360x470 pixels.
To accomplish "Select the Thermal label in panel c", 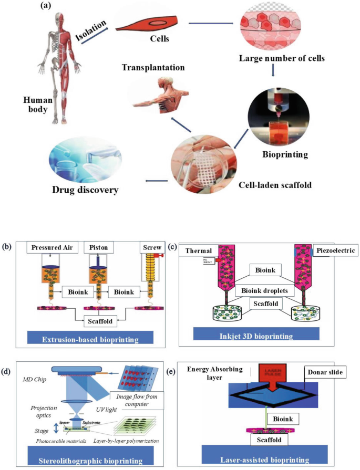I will (x=198, y=252).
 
